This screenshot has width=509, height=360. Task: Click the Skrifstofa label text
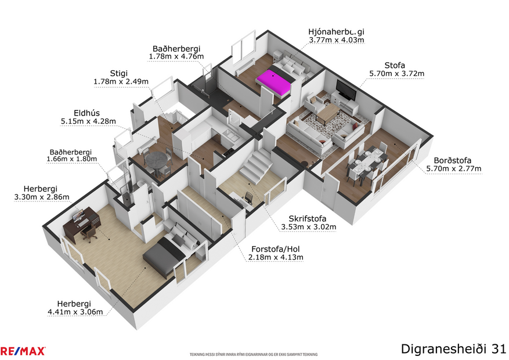tap(308, 218)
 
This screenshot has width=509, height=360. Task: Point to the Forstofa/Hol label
tap(275, 248)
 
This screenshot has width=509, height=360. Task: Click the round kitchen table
tap(156, 159)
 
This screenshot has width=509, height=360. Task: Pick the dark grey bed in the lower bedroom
tap(161, 258)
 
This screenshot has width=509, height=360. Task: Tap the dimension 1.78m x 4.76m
tap(176, 57)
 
